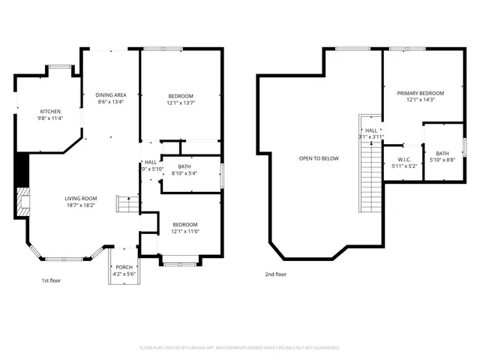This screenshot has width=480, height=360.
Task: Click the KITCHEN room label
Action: [x=50, y=111]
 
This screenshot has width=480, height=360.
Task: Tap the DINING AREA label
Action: [x=110, y=94]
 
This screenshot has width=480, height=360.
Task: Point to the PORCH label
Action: [x=124, y=267]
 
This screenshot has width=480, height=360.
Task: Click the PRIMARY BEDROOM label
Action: [x=420, y=93]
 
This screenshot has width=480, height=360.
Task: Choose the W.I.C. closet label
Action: [x=404, y=160]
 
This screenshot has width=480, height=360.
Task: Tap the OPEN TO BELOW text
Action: [x=319, y=158]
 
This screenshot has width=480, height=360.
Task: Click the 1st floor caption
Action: [x=51, y=281]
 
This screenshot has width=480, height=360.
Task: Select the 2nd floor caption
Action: [x=275, y=274]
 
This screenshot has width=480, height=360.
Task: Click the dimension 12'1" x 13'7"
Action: [x=181, y=103]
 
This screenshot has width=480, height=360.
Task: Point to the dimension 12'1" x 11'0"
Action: [x=185, y=232]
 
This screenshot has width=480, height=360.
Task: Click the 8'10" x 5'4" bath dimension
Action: [x=184, y=173]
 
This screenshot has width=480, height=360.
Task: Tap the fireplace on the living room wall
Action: [x=22, y=201]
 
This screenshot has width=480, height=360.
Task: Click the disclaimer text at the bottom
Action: [x=240, y=347]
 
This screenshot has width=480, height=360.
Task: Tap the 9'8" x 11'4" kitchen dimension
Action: [x=50, y=118]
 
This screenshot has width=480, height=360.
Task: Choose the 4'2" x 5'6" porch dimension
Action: [x=124, y=274]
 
